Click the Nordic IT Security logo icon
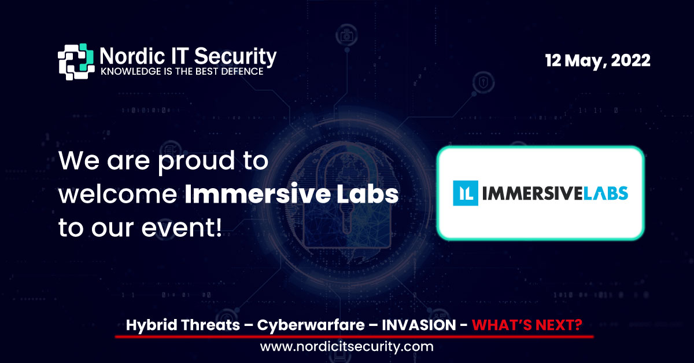76,61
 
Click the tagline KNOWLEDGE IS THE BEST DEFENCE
182,72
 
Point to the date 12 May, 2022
597,60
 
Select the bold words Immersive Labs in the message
291,195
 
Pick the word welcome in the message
117,195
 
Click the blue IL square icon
466,193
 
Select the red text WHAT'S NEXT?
527,325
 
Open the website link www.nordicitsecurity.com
346,347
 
